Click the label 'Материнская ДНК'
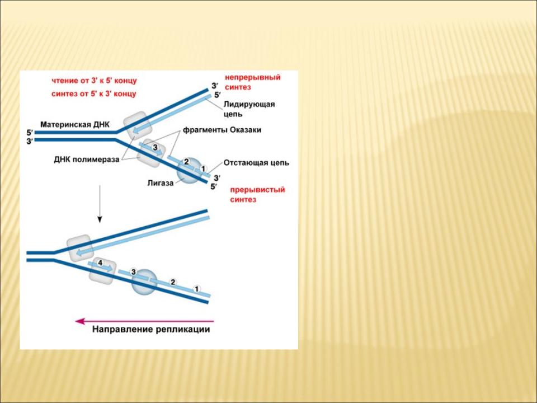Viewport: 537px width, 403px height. coord(75,124)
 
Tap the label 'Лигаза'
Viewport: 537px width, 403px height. coord(161,183)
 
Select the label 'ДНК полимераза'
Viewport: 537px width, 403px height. coord(86,160)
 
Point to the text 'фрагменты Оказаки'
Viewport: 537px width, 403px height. coord(222,130)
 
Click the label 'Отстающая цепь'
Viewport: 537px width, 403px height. coord(256,163)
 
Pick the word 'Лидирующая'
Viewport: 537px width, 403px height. coord(249,104)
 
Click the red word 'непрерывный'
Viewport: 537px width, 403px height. coord(253,77)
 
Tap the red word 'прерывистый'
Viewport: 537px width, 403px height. coord(257,190)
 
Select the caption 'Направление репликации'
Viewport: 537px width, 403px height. coord(151,329)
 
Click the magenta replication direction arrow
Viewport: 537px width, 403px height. coord(144,321)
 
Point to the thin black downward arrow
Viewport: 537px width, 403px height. coord(100,204)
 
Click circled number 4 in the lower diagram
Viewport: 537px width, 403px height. coord(100,263)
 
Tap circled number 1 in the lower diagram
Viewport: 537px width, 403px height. coord(196,289)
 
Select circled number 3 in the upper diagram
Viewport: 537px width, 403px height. coord(155,148)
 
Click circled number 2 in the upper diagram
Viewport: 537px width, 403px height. coord(187,161)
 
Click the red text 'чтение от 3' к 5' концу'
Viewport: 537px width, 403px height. coord(94,81)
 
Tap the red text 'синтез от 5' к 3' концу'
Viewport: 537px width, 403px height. coord(94,94)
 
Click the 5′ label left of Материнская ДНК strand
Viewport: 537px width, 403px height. coord(30,133)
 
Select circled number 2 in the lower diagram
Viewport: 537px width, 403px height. coord(173,282)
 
